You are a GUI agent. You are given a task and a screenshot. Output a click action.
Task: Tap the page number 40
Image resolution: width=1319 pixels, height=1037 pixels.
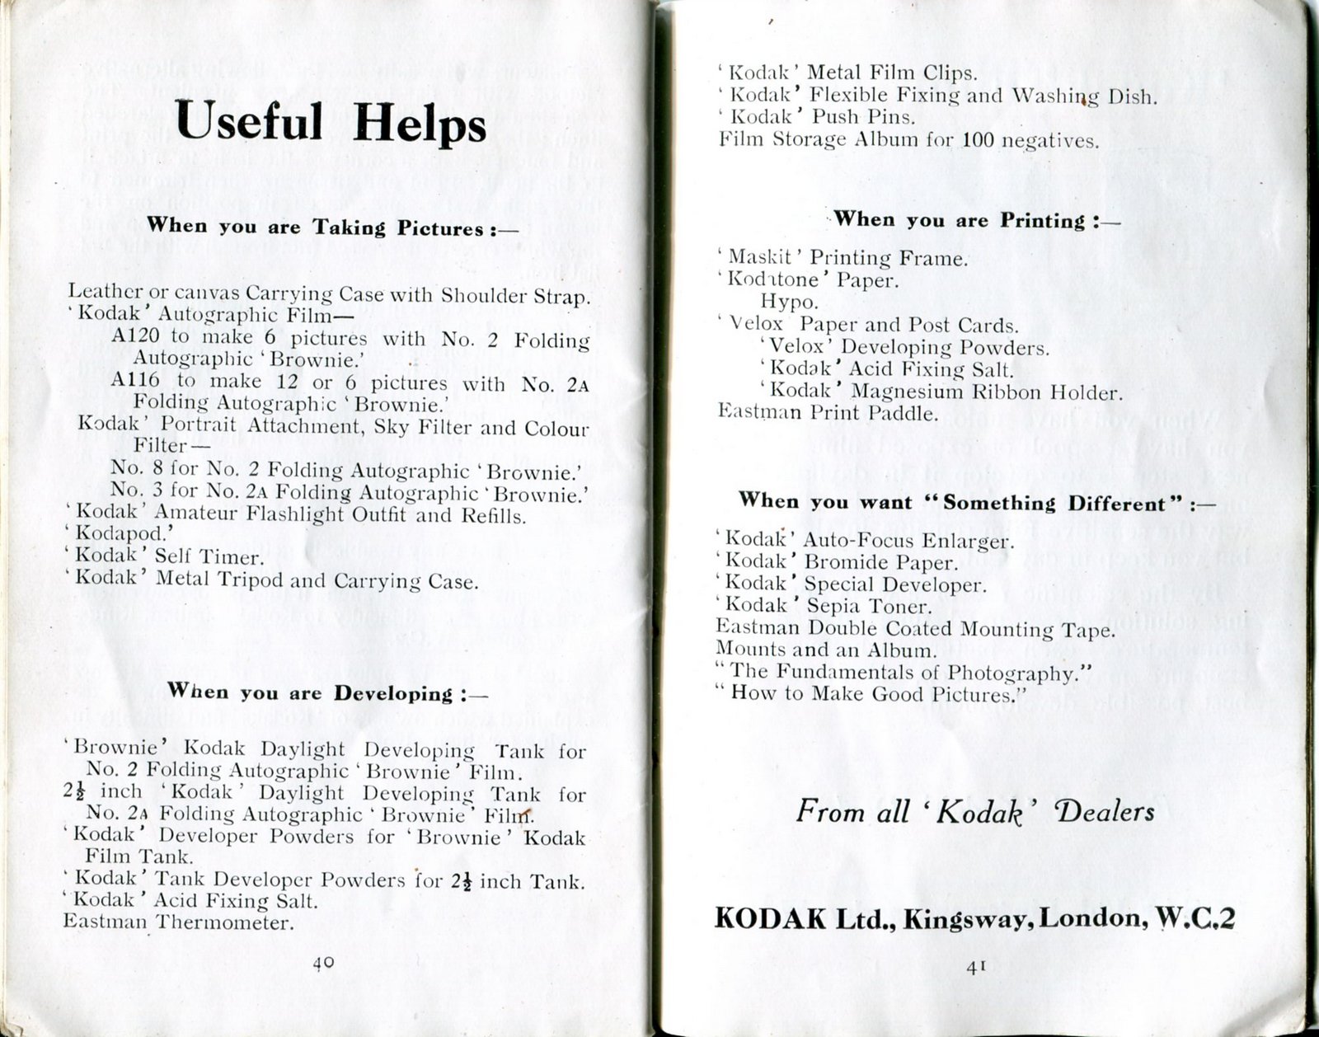tap(322, 961)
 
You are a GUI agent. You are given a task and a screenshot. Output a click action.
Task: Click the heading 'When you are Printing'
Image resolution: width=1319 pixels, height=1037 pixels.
tap(977, 220)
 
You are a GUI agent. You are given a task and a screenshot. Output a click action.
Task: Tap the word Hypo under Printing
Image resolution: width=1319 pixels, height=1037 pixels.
tap(789, 303)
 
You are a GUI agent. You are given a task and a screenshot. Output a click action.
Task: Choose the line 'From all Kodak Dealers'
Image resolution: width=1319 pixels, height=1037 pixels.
tap(974, 812)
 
